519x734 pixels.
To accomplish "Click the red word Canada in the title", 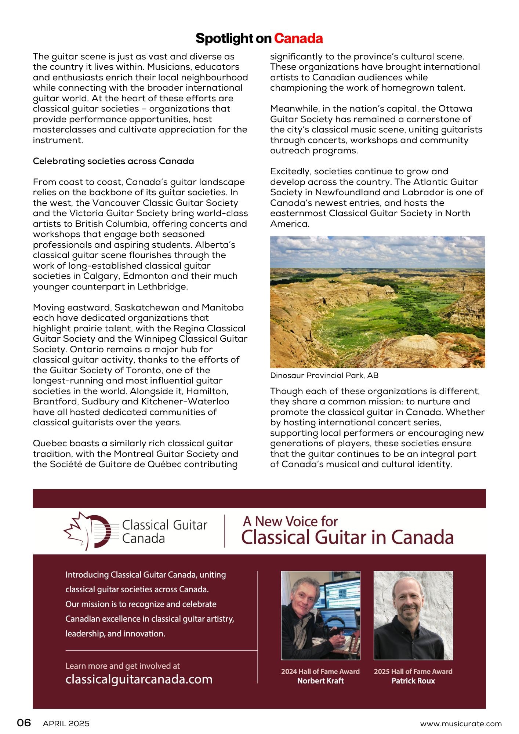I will click(298, 39).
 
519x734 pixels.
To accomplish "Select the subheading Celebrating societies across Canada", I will click(113, 161).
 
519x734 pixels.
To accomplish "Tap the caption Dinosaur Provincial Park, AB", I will click(324, 375).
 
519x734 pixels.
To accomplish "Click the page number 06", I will click(24, 723).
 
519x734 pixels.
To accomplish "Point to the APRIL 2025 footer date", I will click(66, 724).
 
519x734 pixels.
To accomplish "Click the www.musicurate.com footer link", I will click(461, 724).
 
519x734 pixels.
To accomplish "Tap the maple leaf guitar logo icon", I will click(90, 531).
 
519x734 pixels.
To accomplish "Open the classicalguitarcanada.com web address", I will click(139, 679).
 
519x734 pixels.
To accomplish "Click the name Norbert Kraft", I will click(320, 681).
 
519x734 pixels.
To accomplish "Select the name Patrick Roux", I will click(413, 681).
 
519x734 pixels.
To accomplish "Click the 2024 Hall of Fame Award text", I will click(320, 671).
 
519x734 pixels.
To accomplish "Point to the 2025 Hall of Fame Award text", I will click(413, 671).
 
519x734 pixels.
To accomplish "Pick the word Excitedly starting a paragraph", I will click(290, 171).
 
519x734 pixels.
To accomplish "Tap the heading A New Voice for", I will click(290, 521).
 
